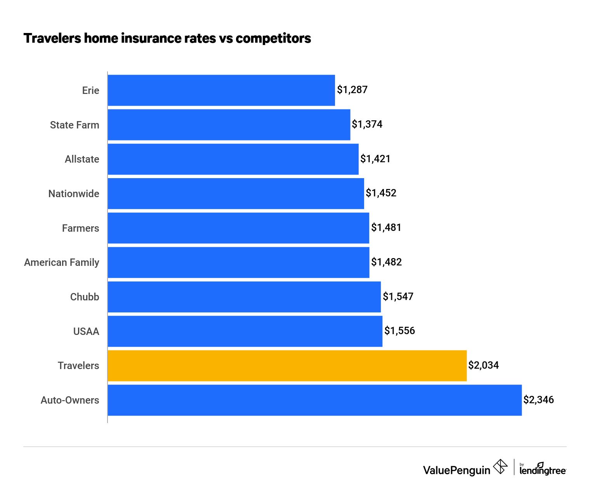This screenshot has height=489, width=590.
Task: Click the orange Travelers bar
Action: [287, 366]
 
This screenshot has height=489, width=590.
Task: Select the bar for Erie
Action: [221, 90]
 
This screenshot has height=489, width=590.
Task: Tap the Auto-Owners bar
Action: [314, 400]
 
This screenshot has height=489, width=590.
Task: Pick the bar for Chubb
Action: [244, 297]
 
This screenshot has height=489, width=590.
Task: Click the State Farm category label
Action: [75, 125]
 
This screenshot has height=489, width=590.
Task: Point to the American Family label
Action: [62, 263]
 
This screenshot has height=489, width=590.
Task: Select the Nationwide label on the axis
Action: [74, 194]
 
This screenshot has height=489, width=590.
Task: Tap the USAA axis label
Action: [86, 331]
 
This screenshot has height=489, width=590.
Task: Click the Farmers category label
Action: [80, 228]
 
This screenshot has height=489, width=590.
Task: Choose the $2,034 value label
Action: [483, 365]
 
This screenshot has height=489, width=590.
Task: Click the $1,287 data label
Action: [352, 90]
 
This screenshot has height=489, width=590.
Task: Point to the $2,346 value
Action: [538, 400]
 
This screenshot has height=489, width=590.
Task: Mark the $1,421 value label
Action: [375, 159]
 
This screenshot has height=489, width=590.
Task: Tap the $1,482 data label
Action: [386, 262]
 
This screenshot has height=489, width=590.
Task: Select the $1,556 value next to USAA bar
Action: [399, 331]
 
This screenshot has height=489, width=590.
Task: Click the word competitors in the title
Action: [273, 38]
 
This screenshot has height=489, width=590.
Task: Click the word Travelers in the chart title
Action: [52, 38]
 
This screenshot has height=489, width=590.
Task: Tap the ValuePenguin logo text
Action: [456, 470]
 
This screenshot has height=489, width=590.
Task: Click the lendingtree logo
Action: [543, 469]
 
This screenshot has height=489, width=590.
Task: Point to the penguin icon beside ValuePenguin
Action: [500, 466]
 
